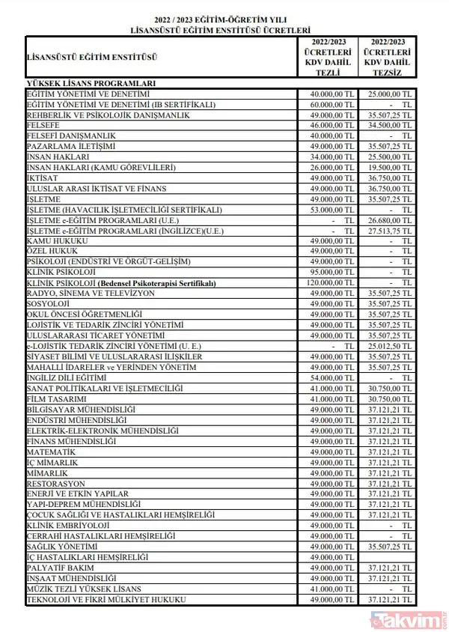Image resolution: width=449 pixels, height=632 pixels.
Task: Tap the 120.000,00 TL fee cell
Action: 330,283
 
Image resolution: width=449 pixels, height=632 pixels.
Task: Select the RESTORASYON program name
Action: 57,483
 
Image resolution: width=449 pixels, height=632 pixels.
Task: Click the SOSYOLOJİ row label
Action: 49,304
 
